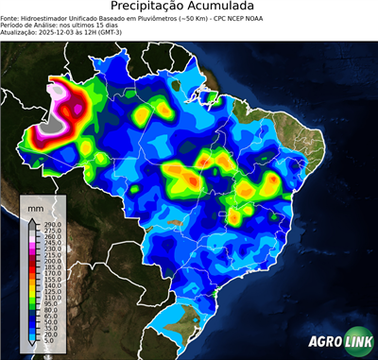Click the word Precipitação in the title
[153, 8]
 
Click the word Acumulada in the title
[231, 8]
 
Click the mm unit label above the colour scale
[36, 206]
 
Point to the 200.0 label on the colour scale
[51, 261]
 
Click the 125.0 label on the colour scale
[51, 290]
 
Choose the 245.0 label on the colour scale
[51, 241]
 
